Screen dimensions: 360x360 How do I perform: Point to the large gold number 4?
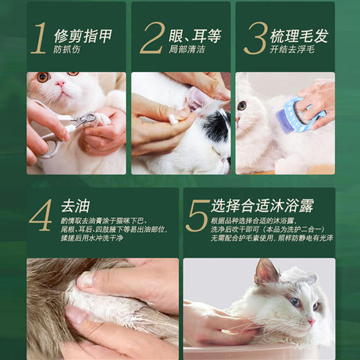click(x=41, y=216)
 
